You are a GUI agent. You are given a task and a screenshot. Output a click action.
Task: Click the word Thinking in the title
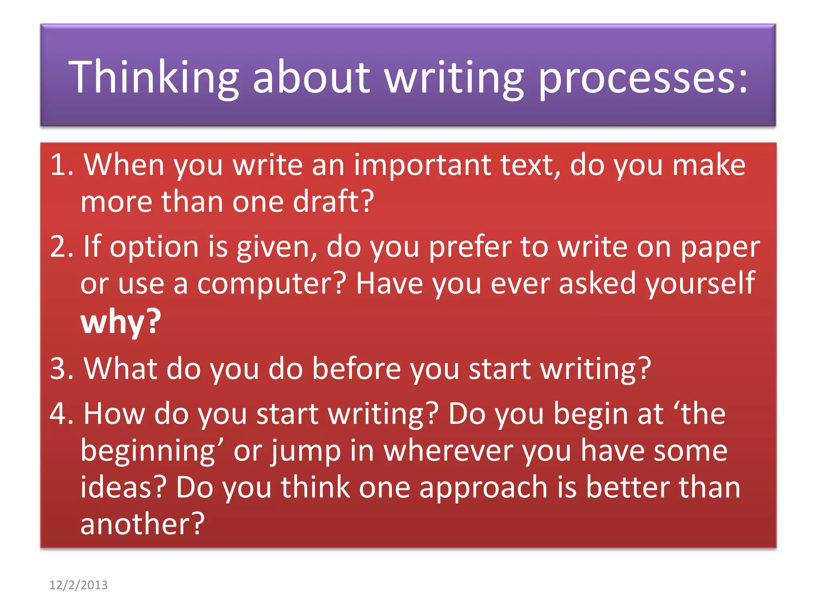[154, 77]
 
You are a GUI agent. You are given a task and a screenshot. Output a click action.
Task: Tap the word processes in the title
[643, 77]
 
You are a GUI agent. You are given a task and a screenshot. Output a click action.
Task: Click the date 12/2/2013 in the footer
[78, 585]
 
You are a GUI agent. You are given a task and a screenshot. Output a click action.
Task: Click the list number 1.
[61, 165]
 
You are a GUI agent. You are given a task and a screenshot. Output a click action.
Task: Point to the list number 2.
[61, 247]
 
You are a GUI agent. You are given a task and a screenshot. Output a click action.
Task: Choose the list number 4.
[61, 414]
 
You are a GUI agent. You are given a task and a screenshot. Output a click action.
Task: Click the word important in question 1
[422, 165]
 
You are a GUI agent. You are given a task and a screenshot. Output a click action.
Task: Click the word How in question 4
[114, 414]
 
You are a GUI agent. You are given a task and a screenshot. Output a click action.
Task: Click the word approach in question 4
[483, 488]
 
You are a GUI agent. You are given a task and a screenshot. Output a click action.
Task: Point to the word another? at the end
[142, 524]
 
